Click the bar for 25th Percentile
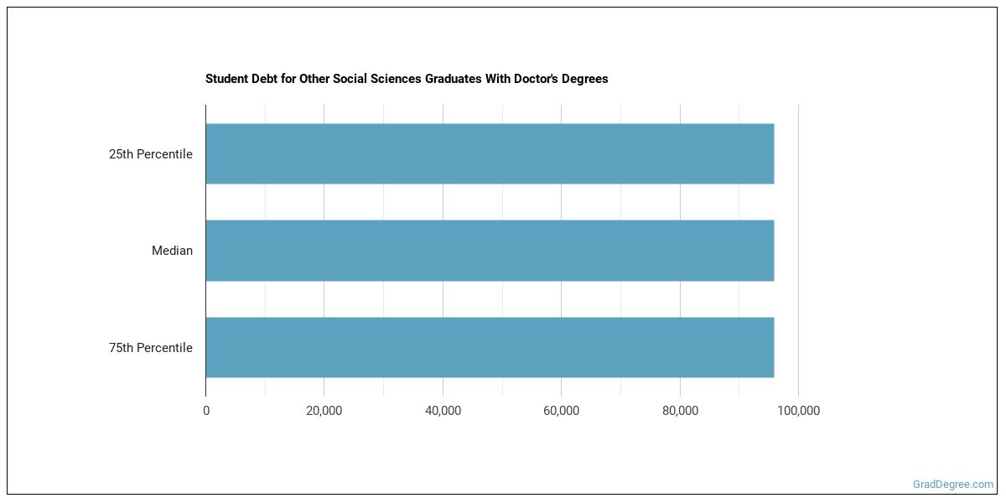point(490,154)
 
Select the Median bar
point(490,251)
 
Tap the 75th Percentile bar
point(490,347)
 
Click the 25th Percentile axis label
point(151,154)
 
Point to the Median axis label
point(172,251)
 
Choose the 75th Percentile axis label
point(151,348)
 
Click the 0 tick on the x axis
point(206,411)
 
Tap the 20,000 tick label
point(324,411)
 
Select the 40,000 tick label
point(443,411)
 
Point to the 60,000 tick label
point(562,411)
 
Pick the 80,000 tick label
point(680,411)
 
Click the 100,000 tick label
point(798,411)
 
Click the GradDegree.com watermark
point(953,485)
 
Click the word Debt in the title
point(262,80)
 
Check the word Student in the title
point(225,80)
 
